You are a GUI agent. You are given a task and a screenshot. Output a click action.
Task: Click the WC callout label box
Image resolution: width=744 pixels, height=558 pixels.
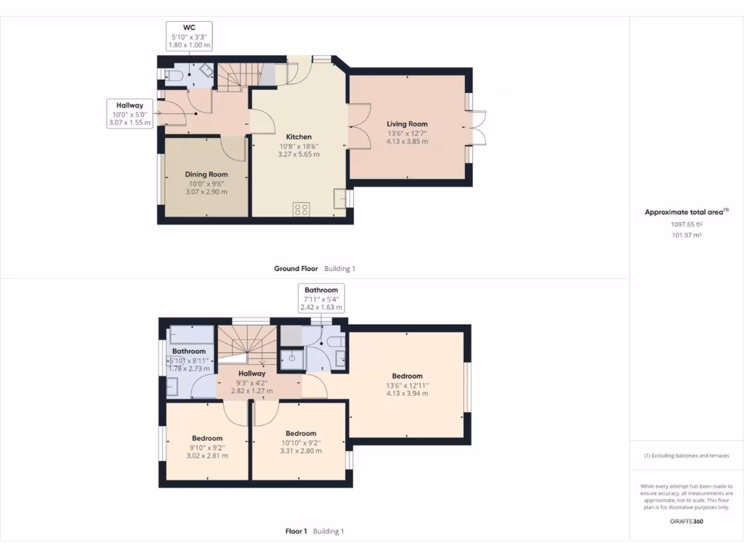[x=190, y=36]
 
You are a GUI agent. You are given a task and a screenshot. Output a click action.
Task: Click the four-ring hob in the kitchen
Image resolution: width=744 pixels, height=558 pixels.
[x=301, y=209]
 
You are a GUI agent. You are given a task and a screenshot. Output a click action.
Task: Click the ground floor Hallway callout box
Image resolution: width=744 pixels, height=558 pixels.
[x=129, y=114]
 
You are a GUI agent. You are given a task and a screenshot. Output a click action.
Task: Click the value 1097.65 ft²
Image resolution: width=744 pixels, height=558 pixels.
[x=686, y=225]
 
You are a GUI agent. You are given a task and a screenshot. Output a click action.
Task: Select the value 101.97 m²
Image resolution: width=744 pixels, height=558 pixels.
[x=686, y=235]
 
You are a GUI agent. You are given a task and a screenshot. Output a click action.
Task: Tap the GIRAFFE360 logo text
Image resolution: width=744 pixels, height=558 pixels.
[x=686, y=521]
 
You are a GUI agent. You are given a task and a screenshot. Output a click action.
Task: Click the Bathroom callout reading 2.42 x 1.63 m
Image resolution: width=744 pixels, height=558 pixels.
[x=320, y=298]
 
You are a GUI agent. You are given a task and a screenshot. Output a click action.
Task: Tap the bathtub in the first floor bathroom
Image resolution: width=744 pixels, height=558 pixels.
[x=191, y=336]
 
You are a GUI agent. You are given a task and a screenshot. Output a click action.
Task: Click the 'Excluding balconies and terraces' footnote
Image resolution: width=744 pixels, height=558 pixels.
[x=686, y=456]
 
